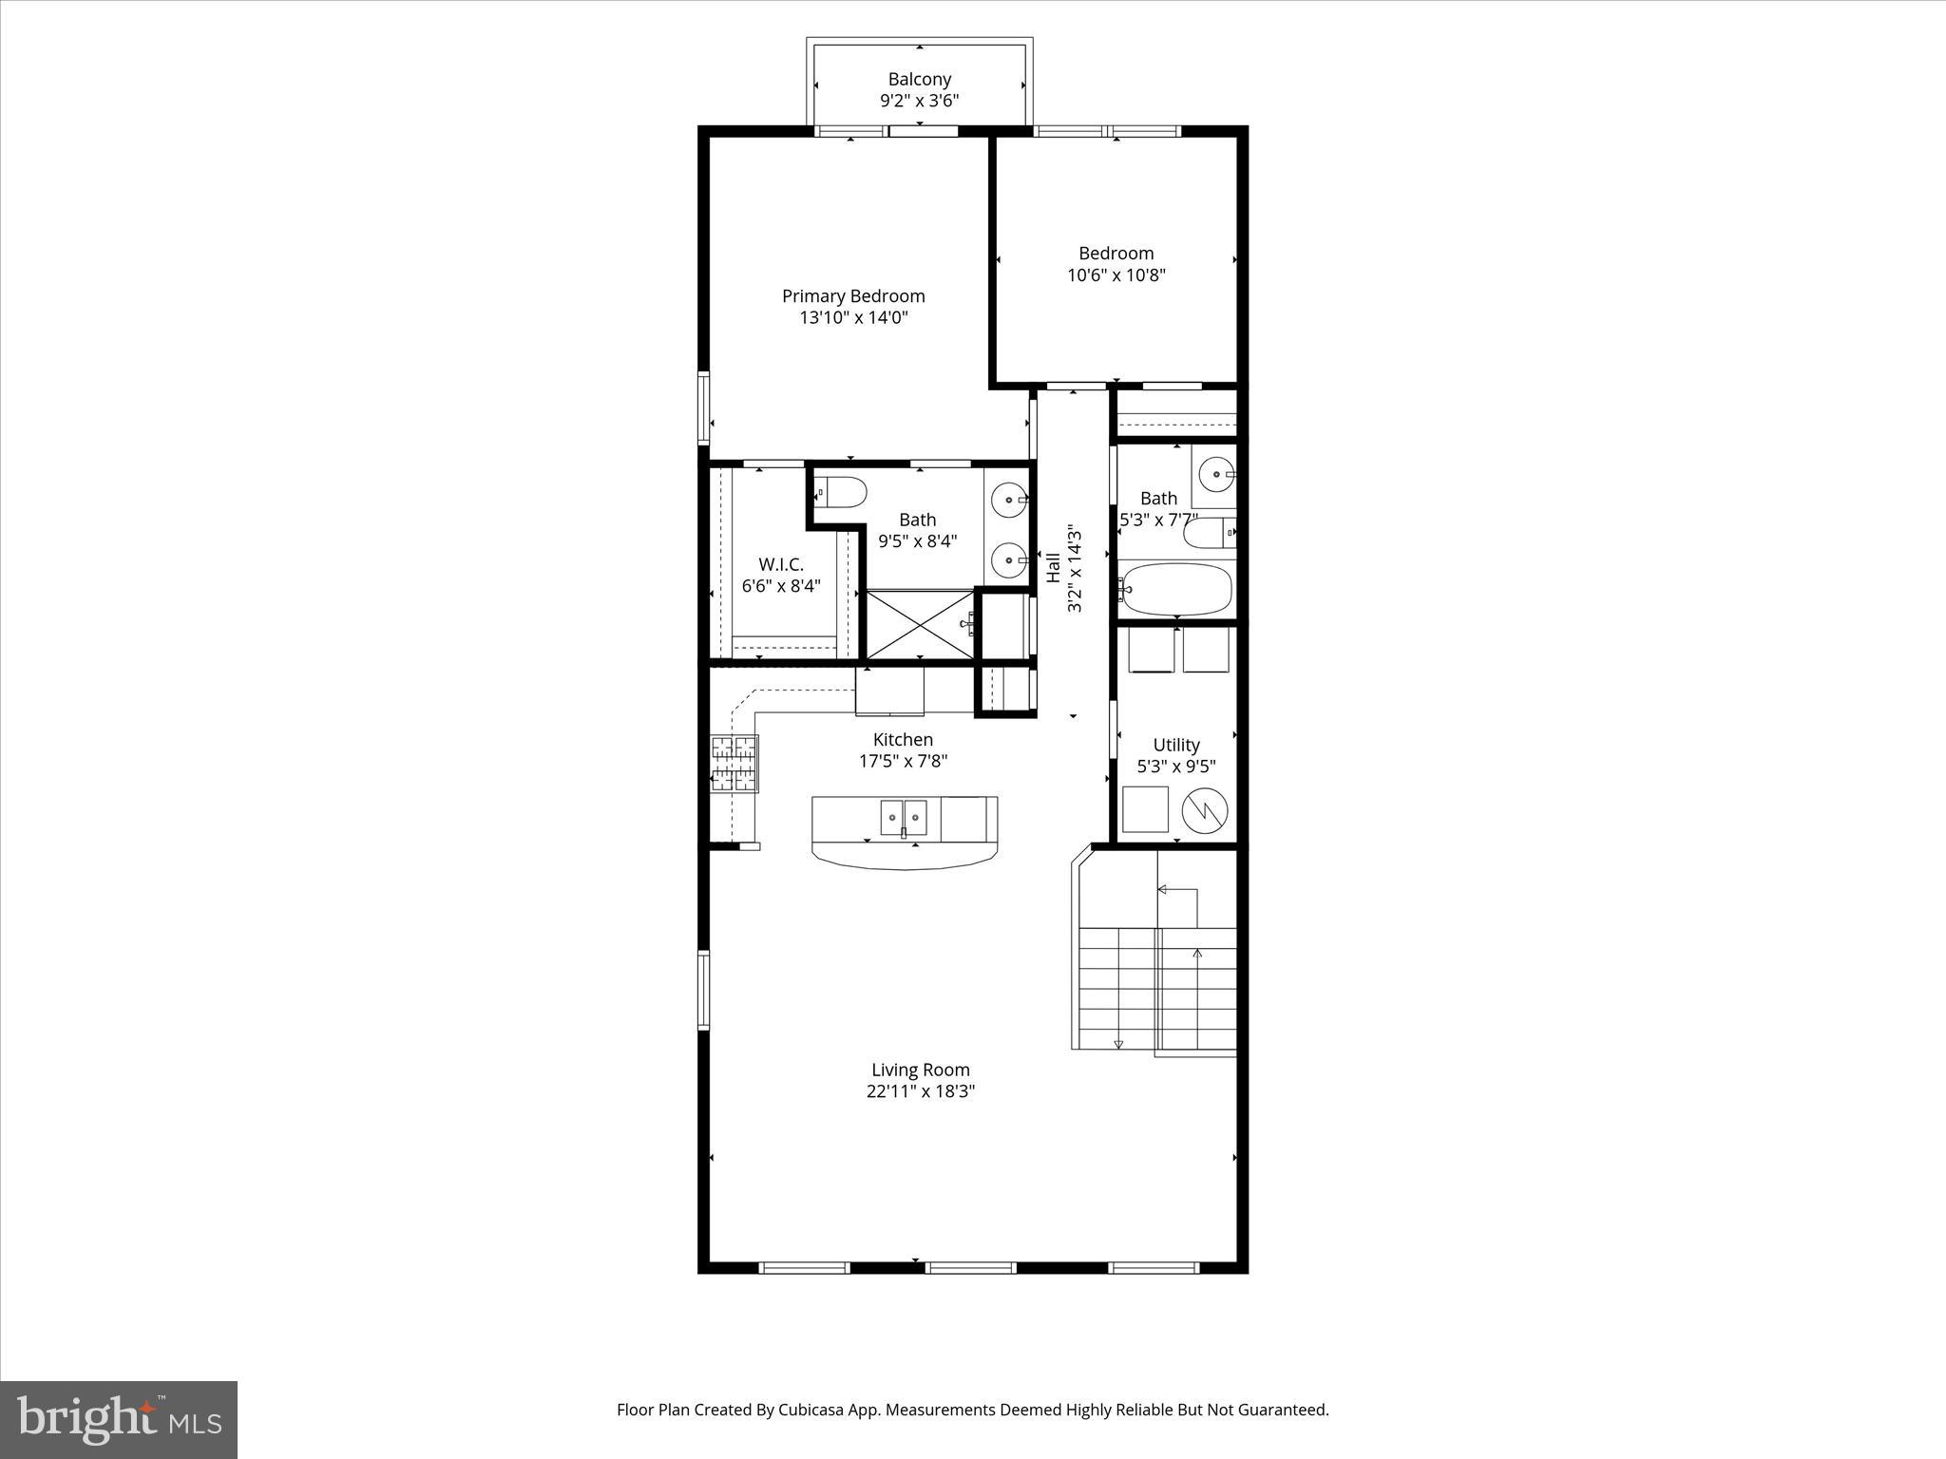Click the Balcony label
[919, 80]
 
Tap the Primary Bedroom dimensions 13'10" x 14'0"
[853, 317]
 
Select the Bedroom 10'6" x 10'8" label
[1116, 264]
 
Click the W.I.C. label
[780, 564]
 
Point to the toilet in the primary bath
[842, 492]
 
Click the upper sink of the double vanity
[1008, 499]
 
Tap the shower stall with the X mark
[920, 623]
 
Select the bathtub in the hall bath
[1177, 589]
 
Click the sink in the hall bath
[1214, 472]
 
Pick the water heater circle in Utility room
[1204, 810]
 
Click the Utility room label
[1176, 746]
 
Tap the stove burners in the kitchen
[735, 764]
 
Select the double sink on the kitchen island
[903, 816]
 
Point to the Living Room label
[920, 1070]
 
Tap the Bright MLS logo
[119, 1419]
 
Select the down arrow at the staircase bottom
[1118, 1044]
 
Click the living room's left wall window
[704, 990]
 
